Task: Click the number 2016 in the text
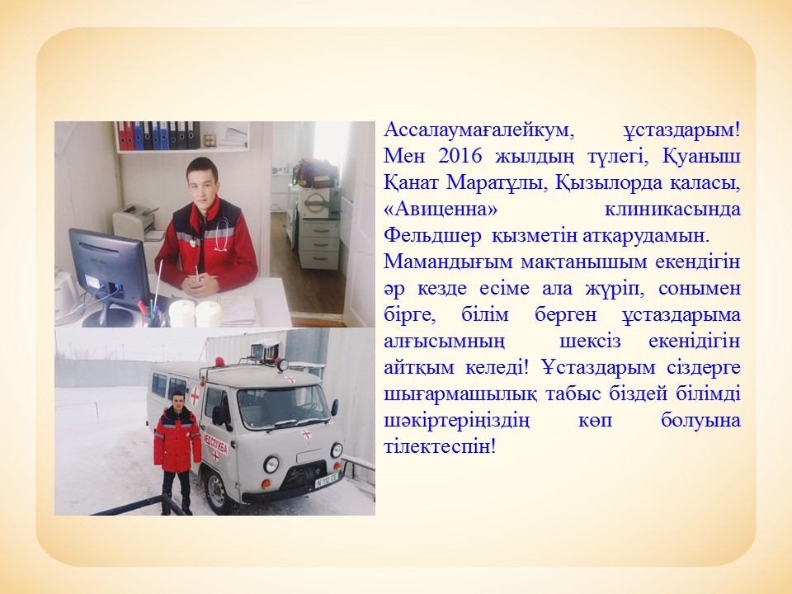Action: pos(460,156)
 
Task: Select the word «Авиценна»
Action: pos(441,209)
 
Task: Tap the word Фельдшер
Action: pos(431,236)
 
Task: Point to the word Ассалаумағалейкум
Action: pos(479,130)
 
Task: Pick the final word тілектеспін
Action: pos(440,446)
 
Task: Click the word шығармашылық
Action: pos(460,394)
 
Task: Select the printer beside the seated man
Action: pos(136,222)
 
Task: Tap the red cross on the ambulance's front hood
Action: pos(306,434)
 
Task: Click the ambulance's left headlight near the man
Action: pos(271,463)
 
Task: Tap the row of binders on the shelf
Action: pos(158,135)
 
